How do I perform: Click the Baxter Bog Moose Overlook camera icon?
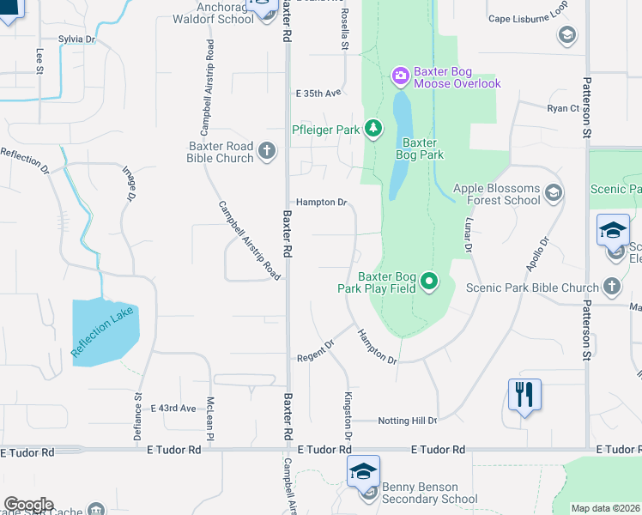tap(400, 77)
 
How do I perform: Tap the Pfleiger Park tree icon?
tap(373, 130)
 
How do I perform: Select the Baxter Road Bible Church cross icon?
tap(267, 152)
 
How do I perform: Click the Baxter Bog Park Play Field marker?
tap(430, 282)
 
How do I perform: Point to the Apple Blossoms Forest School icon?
tap(553, 193)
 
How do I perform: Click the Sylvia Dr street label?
tap(76, 39)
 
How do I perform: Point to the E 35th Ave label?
tap(318, 93)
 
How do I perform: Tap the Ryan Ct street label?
tap(563, 108)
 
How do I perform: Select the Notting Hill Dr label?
tap(408, 421)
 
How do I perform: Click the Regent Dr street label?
tap(314, 356)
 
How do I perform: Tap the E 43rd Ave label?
tap(173, 408)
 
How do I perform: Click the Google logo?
tap(28, 505)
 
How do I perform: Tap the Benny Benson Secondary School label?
tap(429, 493)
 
